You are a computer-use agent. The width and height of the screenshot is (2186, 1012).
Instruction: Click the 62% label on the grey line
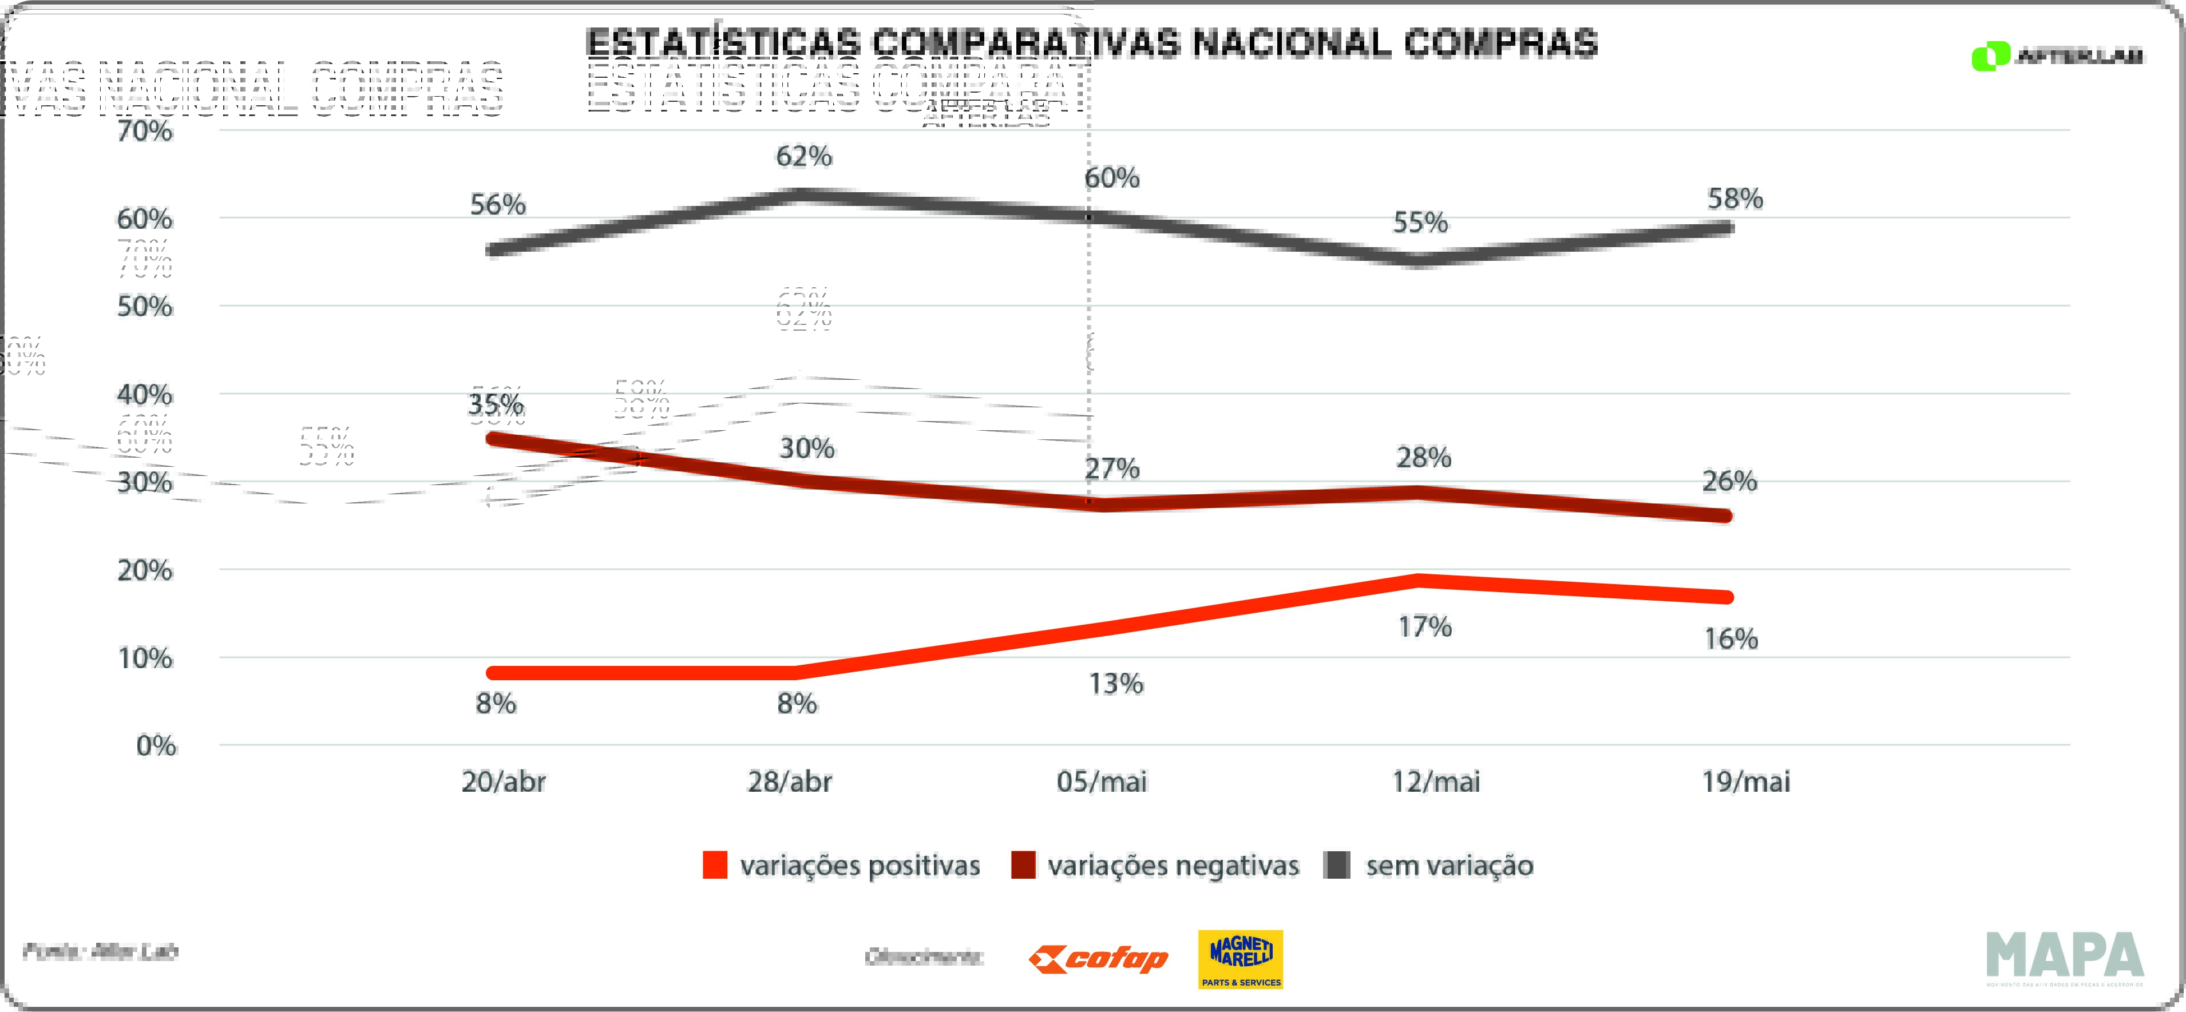803,156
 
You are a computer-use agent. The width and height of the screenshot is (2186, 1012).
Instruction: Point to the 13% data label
1116,684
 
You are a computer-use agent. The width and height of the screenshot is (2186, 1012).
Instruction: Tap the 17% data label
1425,627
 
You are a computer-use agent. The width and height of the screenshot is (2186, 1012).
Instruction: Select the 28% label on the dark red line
1423,458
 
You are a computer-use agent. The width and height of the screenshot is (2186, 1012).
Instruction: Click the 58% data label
1734,199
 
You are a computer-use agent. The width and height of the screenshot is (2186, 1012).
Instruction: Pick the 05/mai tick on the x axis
1102,781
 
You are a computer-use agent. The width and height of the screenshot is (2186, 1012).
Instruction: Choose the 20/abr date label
503,781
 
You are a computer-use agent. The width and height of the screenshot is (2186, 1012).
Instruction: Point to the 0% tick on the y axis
156,745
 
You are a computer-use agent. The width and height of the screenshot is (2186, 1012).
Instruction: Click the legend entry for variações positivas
859,865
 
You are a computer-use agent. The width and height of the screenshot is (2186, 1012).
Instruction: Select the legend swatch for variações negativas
1023,865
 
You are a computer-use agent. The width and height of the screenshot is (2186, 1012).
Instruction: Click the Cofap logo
1098,959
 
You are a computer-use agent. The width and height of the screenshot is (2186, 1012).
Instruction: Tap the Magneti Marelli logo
1240,959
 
